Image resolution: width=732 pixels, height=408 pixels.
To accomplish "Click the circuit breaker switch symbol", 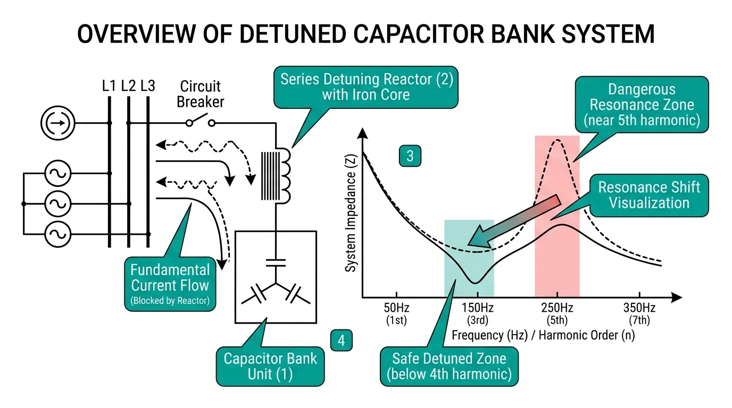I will pos(200,122).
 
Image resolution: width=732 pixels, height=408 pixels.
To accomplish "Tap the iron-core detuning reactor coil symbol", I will pos(276,176).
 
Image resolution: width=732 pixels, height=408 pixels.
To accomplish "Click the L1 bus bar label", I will pos(109,86).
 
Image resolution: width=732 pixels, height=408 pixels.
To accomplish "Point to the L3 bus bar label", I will pos(148,86).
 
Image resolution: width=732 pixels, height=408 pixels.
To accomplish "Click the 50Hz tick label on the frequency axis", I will pos(395,308).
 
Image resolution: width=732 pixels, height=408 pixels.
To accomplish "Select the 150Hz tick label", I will pos(477,308).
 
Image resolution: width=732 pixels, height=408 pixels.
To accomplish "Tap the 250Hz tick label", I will pos(557,308).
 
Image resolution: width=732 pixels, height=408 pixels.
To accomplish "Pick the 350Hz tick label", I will pos(639,308).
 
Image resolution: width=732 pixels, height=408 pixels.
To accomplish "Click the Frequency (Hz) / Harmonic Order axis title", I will pos(543,336).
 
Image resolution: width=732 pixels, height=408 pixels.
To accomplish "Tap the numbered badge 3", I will pos(410,156).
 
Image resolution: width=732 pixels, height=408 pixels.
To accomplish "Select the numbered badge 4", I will pos(341,340).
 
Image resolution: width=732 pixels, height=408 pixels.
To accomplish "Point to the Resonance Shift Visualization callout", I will pos(649,195).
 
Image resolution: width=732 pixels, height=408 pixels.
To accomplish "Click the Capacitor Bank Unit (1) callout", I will pos(270,365).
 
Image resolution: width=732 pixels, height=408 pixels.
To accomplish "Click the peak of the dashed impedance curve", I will pos(557,140).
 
